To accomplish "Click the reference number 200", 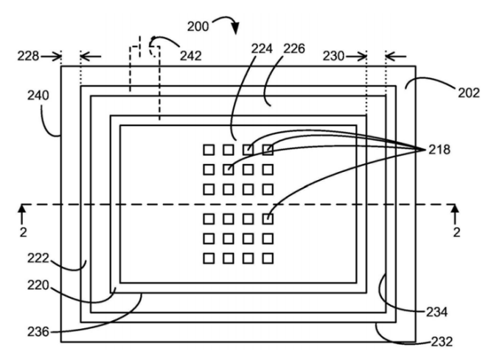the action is pos(198,27).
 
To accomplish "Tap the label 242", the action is pos(190,56).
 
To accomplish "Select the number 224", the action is pos(262,49).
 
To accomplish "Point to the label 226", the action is pos(294,49).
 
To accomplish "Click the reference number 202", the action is pos(469,93).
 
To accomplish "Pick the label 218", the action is pos(439,150).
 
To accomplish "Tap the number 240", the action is pos(38,95).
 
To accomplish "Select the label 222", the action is pos(38,258).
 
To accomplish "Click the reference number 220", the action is pos(38,285).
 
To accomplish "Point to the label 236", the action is pos(38,332).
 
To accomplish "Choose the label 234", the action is pos(436,312).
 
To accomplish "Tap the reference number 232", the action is pos(442,342).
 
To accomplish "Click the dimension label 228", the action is pos(28,56).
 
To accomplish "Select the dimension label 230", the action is pos(334,56).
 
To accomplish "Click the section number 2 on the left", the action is pos(23,232).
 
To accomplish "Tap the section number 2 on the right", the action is pos(456,232).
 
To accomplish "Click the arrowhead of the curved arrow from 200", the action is pos(236,29).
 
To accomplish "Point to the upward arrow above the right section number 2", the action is pos(456,214).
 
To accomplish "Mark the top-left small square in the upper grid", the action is pos(209,150).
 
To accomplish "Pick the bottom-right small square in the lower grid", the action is pos(268,258).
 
